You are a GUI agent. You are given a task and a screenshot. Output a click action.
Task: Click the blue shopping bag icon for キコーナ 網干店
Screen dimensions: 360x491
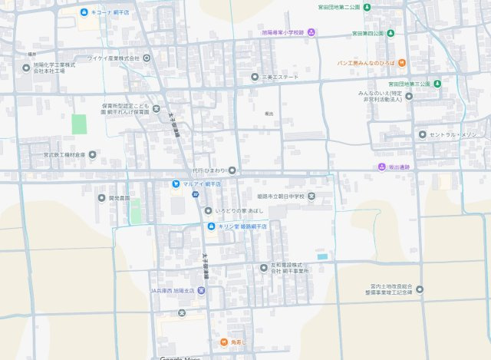click(x=84, y=13)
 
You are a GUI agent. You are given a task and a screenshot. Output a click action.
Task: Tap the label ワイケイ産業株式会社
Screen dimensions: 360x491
click(x=113, y=58)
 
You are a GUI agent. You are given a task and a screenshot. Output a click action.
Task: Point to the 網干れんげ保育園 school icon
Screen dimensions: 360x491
click(x=156, y=108)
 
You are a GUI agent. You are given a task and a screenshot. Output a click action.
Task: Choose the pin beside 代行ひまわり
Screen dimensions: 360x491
click(x=232, y=170)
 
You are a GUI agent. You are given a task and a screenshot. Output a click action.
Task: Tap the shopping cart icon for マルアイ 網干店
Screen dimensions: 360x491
click(x=176, y=184)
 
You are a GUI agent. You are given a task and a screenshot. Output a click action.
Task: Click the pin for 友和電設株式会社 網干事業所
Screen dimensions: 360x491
click(x=263, y=267)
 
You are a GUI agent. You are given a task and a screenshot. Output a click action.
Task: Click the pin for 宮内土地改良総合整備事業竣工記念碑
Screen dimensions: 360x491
click(x=419, y=291)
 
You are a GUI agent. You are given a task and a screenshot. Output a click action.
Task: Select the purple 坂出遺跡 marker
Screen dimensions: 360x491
click(x=382, y=167)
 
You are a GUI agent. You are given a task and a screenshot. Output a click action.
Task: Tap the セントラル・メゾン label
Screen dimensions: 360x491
click(x=450, y=135)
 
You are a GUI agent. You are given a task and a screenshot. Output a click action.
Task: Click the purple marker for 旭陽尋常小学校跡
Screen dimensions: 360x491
click(x=322, y=33)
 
